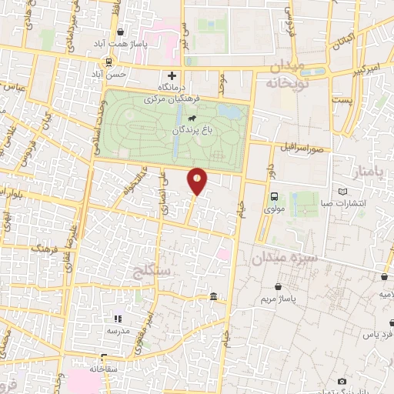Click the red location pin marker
point(198,180)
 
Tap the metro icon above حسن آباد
point(110,62)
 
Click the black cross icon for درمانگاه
point(172,75)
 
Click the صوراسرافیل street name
point(306,146)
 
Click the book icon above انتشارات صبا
point(343,192)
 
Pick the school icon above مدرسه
point(118,318)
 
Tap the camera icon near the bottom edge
point(342,381)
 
